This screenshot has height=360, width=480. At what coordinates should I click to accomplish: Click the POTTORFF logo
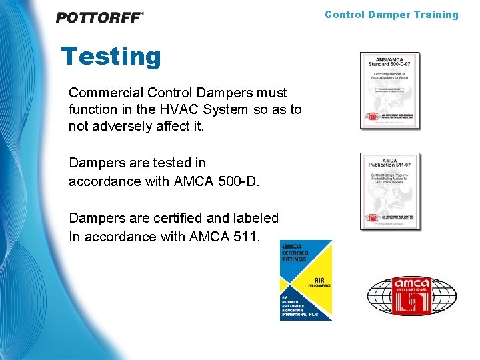[x=99, y=17]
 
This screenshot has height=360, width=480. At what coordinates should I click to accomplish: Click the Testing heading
[x=111, y=57]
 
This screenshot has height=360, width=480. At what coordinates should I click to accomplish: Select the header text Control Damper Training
[x=391, y=15]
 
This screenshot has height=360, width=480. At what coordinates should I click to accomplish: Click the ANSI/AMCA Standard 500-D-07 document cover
[x=390, y=90]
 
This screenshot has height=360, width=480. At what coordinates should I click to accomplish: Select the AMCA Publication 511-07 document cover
[x=390, y=191]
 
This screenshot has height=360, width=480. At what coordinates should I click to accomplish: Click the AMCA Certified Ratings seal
[x=305, y=280]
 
